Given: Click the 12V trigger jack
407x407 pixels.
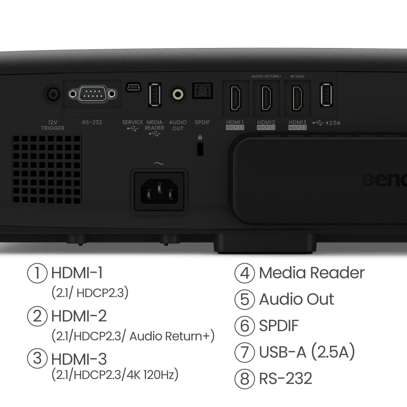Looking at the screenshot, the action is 53,94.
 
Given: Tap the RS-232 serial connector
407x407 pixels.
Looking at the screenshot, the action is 92,94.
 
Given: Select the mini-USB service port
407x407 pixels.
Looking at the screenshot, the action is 133,87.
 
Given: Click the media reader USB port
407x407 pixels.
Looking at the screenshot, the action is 155,95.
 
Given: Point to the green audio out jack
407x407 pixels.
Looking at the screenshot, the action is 178,94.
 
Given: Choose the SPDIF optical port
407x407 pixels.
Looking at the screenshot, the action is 202,91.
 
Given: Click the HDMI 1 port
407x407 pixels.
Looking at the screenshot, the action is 236,98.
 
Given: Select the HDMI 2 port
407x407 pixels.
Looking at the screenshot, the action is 267,98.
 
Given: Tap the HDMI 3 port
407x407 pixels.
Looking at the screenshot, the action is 298,98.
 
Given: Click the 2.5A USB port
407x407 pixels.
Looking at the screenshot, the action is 326,94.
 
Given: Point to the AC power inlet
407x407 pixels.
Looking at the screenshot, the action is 159,192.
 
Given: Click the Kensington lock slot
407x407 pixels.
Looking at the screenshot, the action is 200,149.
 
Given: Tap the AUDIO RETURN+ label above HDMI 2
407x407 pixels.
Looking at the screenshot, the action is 266,77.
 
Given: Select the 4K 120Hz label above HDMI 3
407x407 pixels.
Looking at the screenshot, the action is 298,77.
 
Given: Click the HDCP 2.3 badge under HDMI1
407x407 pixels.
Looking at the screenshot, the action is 235,127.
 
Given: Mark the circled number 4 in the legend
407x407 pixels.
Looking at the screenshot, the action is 245,273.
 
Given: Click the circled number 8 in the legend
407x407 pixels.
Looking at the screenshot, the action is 245,379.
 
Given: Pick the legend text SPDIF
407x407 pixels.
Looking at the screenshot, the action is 279,326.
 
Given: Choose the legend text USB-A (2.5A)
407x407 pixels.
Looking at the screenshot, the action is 307,352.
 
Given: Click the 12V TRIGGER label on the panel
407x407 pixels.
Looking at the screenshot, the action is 53,125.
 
